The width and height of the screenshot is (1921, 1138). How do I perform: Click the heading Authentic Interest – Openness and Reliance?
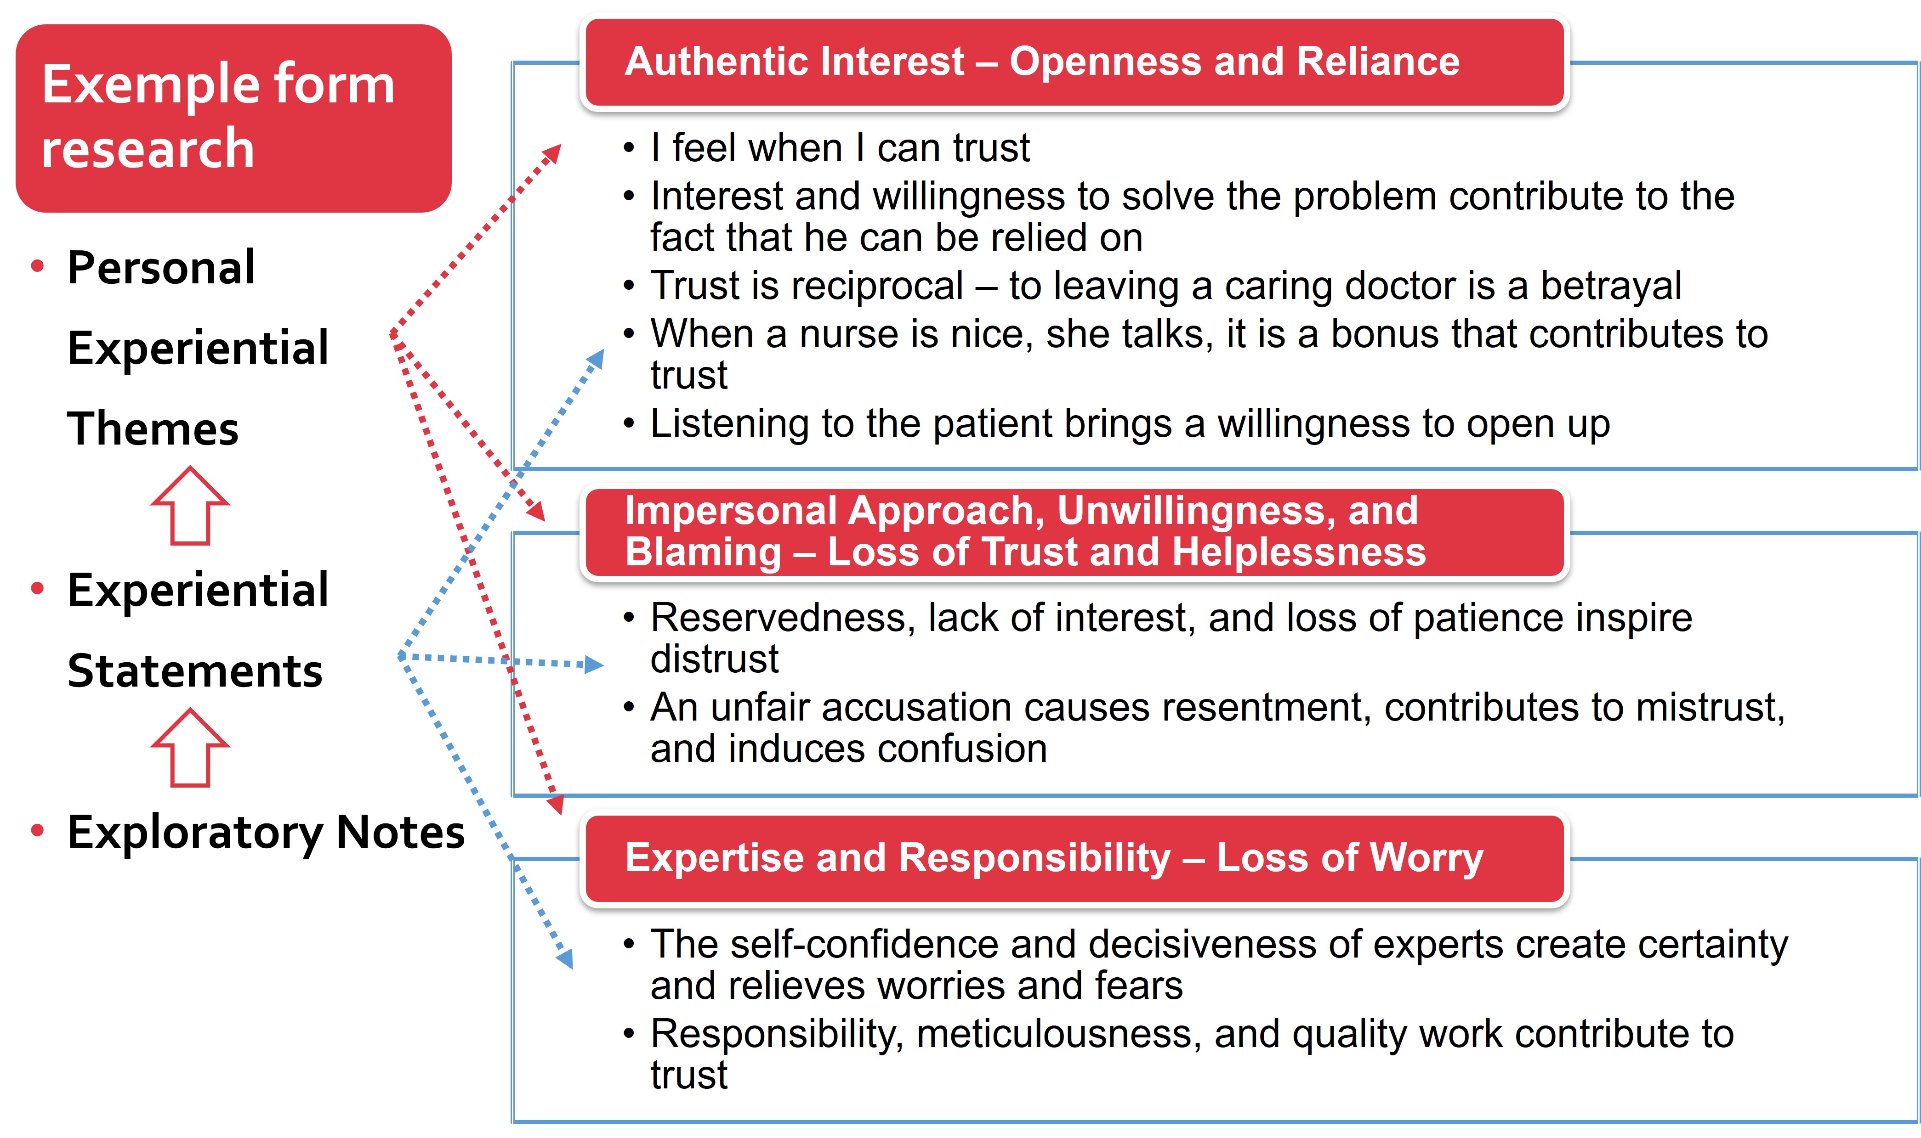pyautogui.click(x=1042, y=62)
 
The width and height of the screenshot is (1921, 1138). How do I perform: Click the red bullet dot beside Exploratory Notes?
pyautogui.click(x=37, y=830)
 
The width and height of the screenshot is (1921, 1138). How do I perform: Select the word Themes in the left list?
pyautogui.click(x=153, y=428)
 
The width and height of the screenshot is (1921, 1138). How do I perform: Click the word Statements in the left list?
pyautogui.click(x=195, y=671)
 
